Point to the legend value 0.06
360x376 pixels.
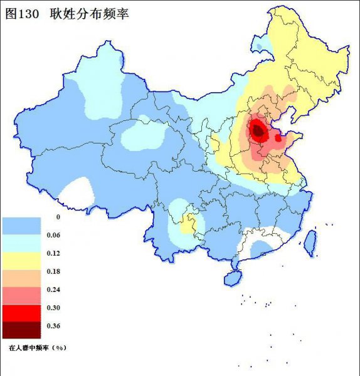point(53,235)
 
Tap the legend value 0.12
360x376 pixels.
point(53,253)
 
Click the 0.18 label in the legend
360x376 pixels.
point(53,271)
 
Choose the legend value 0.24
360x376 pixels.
point(53,290)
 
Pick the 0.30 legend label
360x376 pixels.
point(53,308)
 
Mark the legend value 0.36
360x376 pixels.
point(53,326)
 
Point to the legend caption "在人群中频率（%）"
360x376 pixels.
point(38,346)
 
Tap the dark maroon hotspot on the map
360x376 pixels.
point(257,130)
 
